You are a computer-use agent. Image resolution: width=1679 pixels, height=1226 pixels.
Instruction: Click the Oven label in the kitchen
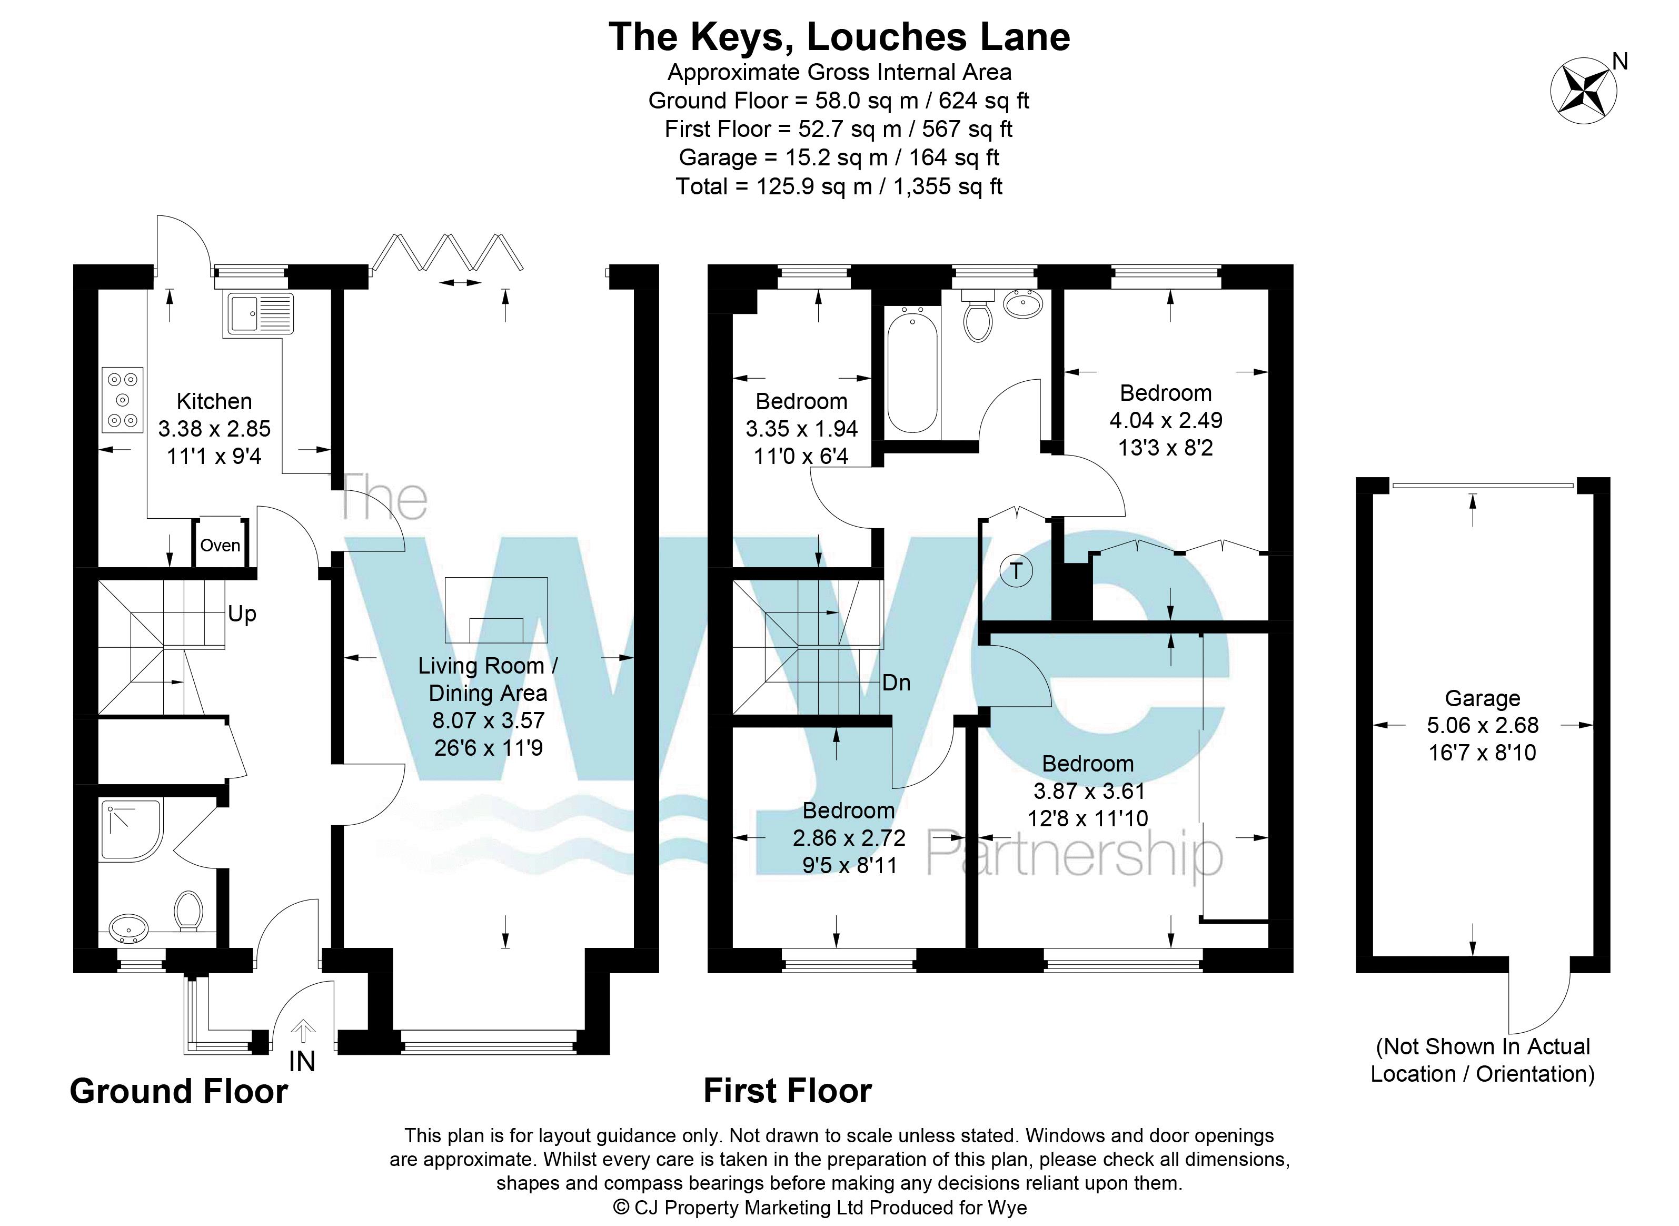221,546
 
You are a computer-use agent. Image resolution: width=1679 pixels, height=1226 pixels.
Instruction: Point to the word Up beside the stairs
242,614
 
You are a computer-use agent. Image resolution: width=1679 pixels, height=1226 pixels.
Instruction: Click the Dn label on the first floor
896,683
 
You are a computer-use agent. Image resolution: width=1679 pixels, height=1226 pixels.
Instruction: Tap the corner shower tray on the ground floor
131,830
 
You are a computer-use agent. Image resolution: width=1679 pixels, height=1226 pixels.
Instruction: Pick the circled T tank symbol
1017,571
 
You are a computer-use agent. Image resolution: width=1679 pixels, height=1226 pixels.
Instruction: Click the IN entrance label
302,1062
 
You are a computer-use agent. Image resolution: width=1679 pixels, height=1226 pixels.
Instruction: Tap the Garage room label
1483,698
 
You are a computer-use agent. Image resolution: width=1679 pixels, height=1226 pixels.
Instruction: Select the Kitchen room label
214,401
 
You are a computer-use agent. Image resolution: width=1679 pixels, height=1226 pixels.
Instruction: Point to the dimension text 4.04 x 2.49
1166,420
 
